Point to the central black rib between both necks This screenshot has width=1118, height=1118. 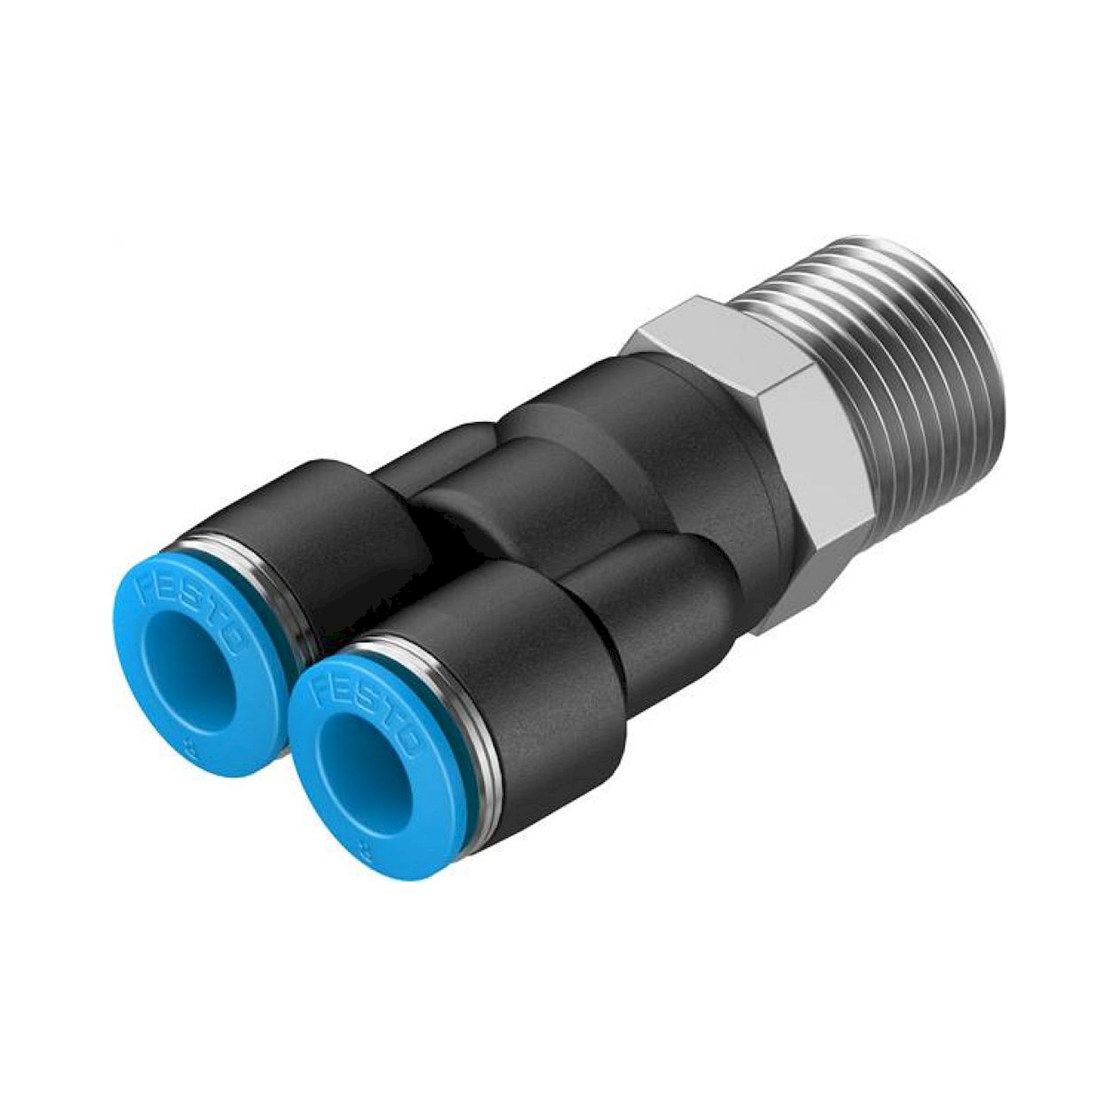(521, 480)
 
